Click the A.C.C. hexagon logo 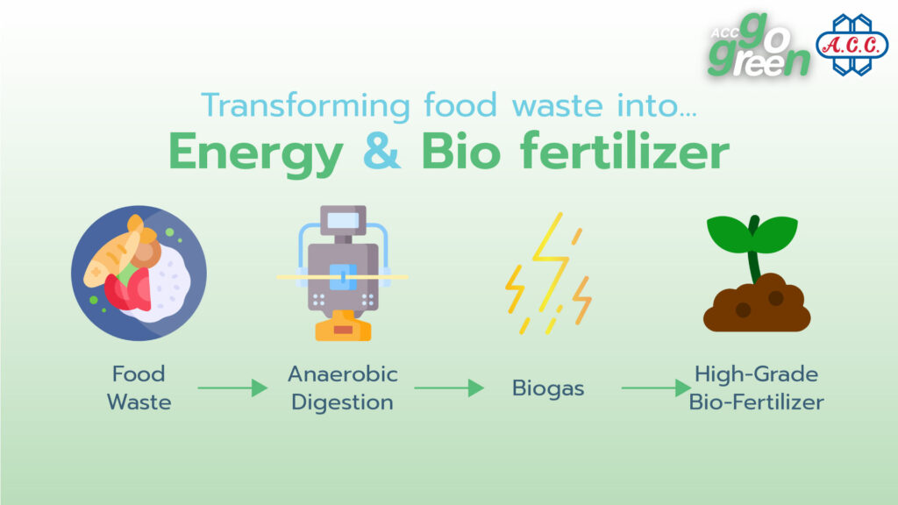[x=852, y=45]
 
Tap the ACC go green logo [x=759, y=46]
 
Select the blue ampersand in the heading [x=381, y=151]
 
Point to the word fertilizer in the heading [x=624, y=150]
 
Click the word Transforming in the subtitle [x=306, y=106]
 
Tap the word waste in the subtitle [x=557, y=106]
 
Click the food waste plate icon [x=139, y=274]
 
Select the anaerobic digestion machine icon [x=343, y=274]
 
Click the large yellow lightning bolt [x=551, y=261]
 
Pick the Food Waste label [x=139, y=388]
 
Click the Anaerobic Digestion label [x=343, y=388]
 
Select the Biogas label [x=548, y=388]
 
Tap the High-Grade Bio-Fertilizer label [x=757, y=388]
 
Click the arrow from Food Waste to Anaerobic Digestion [x=232, y=388]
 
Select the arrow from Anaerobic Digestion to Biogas [x=449, y=388]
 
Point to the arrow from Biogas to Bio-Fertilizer [x=656, y=388]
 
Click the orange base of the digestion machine [x=343, y=326]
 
